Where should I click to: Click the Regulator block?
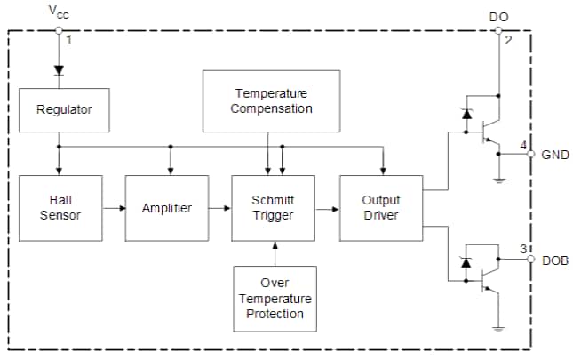pos(64,110)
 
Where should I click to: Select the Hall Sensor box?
pos(60,208)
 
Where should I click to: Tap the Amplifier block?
pos(167,208)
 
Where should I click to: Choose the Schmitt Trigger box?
pos(273,208)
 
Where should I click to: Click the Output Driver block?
pos(381,208)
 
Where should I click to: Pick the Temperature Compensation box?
pos(272,100)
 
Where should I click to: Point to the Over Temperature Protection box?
pos(275,298)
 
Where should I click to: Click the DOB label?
pos(554,260)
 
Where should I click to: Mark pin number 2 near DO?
pos(507,41)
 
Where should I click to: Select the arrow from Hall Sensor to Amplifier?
pos(113,208)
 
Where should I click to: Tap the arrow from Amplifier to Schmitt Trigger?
pos(219,208)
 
